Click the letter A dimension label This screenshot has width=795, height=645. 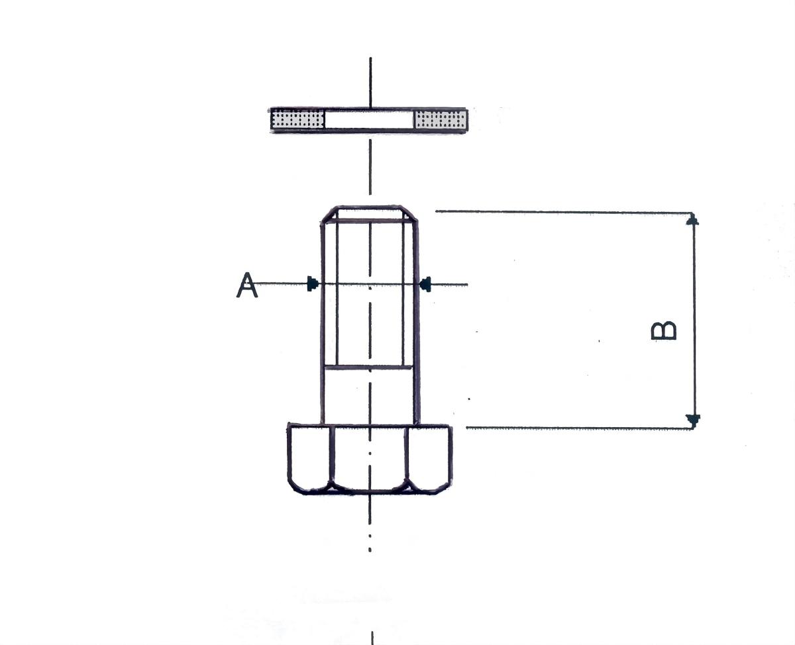click(247, 285)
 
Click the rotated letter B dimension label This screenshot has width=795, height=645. click(663, 331)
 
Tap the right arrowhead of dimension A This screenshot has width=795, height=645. click(425, 284)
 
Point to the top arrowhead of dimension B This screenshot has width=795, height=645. click(692, 219)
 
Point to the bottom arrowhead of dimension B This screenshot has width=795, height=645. click(693, 421)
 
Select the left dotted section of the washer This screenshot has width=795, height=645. click(297, 120)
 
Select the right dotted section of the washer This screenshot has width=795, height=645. click(441, 120)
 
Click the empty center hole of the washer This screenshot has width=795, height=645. click(370, 120)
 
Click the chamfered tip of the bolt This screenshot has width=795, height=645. click(369, 214)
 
